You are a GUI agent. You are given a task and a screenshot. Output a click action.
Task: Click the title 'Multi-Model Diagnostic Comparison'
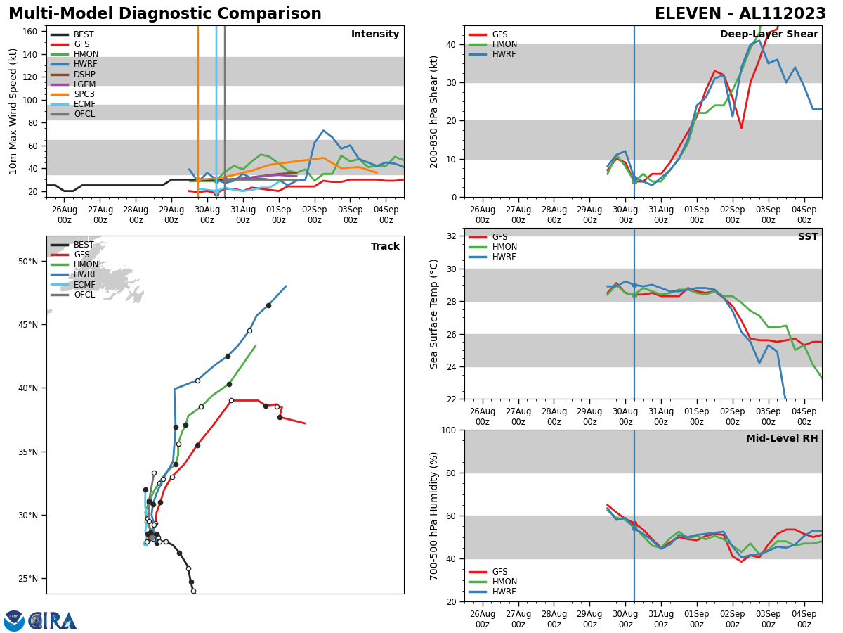click(x=164, y=14)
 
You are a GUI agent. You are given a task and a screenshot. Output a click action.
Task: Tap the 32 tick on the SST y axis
click(x=453, y=236)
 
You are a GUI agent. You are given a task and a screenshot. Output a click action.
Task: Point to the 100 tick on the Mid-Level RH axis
click(x=450, y=430)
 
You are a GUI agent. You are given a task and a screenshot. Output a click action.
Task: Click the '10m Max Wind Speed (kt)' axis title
click(x=13, y=111)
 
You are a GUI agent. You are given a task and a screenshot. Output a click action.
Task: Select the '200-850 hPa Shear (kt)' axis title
click(x=434, y=111)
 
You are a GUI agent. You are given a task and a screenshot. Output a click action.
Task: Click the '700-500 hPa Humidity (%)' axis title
click(x=434, y=516)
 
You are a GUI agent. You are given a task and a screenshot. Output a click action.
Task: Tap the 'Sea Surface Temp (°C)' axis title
click(x=434, y=314)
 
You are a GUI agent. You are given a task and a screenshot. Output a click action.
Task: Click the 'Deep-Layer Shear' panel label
click(x=769, y=34)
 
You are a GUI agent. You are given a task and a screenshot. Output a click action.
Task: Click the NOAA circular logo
click(x=14, y=621)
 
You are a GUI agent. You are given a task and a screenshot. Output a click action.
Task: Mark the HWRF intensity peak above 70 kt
click(x=323, y=130)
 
